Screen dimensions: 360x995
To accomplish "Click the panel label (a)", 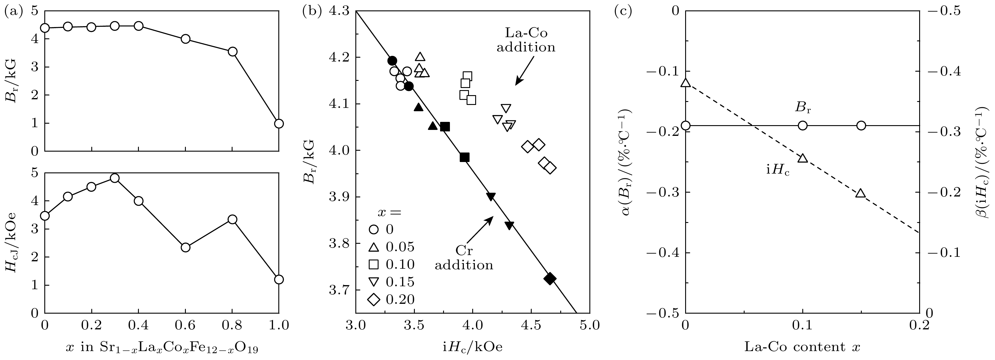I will [12, 12].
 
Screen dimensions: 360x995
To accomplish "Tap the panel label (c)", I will [623, 12].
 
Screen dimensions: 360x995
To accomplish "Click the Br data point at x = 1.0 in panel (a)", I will [279, 124].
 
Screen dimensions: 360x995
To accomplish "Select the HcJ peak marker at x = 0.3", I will [114, 178].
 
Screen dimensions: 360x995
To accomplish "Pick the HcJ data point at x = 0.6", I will [185, 247].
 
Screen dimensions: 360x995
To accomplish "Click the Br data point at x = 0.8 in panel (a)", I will [233, 52].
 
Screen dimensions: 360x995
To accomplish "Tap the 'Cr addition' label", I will [464, 258].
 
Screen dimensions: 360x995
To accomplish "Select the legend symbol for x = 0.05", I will [373, 247].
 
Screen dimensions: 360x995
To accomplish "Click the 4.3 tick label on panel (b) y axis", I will [340, 12].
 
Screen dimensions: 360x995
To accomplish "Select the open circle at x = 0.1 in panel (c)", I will [803, 125].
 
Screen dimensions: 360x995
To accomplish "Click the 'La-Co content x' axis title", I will [802, 347].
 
